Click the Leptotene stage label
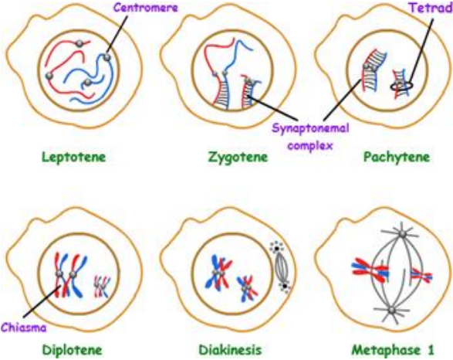[74, 158]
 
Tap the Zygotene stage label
[238, 158]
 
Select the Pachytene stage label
[397, 158]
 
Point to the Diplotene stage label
[73, 350]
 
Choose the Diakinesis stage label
[230, 350]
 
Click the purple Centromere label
[146, 8]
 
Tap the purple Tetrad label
[431, 8]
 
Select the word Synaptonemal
[310, 128]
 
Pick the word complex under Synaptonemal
[310, 146]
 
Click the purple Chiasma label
[24, 328]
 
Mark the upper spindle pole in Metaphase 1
[402, 233]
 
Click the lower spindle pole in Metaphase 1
[391, 311]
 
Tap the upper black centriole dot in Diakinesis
[276, 249]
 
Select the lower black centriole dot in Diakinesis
[285, 286]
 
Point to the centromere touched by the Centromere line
[107, 57]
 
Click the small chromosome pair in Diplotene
[103, 287]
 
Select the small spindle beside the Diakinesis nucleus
[281, 267]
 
